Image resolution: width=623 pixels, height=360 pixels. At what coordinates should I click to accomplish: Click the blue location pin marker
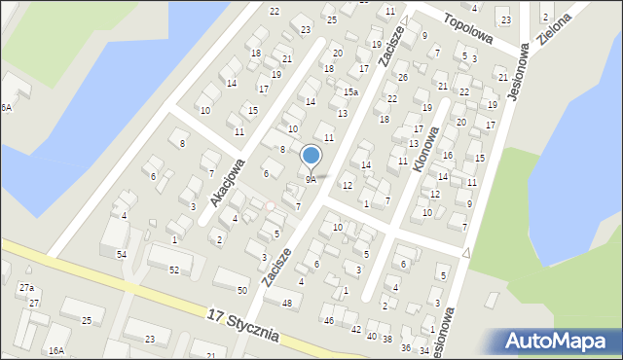tap(311, 156)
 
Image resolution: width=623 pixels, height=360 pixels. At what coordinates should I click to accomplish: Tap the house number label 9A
tap(311, 179)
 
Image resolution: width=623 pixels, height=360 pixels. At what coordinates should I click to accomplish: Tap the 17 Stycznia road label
tap(243, 325)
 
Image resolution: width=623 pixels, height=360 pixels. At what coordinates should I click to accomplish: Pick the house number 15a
tap(350, 92)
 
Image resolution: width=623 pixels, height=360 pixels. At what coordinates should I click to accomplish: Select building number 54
tap(122, 254)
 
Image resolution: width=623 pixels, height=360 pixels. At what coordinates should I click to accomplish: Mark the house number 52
tap(174, 270)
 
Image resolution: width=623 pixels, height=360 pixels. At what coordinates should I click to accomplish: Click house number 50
tap(242, 291)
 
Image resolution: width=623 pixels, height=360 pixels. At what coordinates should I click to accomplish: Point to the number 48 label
tap(286, 304)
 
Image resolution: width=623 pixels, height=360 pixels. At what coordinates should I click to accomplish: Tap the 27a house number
tap(26, 288)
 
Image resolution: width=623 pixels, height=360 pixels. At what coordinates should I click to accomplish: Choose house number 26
tap(402, 77)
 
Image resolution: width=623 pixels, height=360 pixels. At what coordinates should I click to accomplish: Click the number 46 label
tap(329, 320)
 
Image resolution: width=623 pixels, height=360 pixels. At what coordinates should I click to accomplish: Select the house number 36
tap(406, 347)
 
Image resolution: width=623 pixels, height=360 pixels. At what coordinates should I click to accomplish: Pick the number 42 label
tap(355, 330)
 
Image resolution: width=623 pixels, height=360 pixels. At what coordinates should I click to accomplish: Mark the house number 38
tap(387, 340)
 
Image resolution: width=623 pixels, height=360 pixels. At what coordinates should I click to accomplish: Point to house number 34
tap(423, 350)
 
